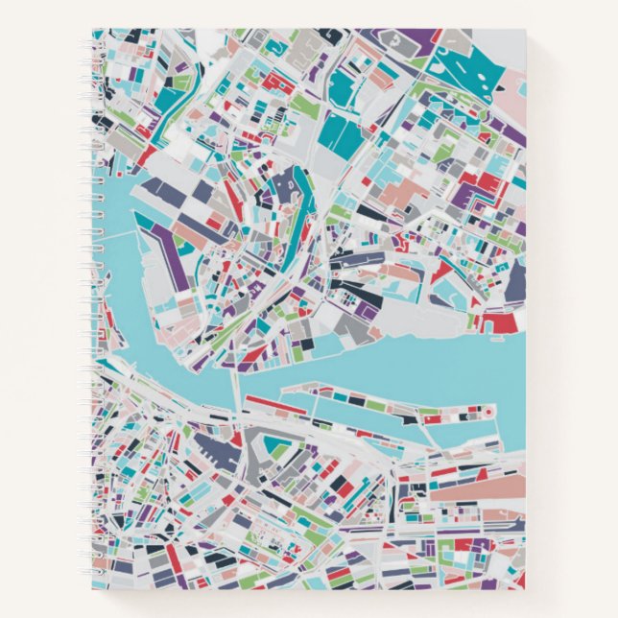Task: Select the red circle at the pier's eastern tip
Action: tap(487, 412)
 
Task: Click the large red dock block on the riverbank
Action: tap(504, 322)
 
